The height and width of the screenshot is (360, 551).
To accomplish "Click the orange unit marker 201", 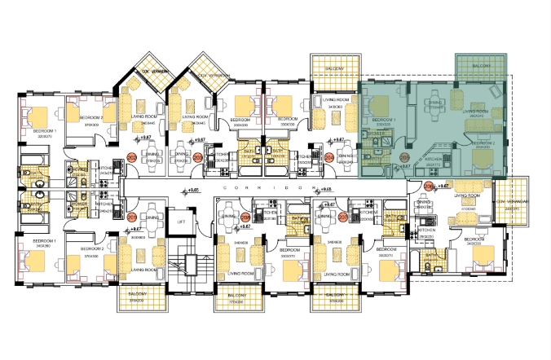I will pos(132,218).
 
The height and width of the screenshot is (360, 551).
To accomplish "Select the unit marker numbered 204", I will pos(329,157).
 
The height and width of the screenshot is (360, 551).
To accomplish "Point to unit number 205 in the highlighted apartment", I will pos(405,157).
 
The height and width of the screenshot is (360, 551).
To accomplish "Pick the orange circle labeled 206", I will pos(430,187).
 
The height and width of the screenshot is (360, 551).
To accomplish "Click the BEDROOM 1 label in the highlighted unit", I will pos(384,120).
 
